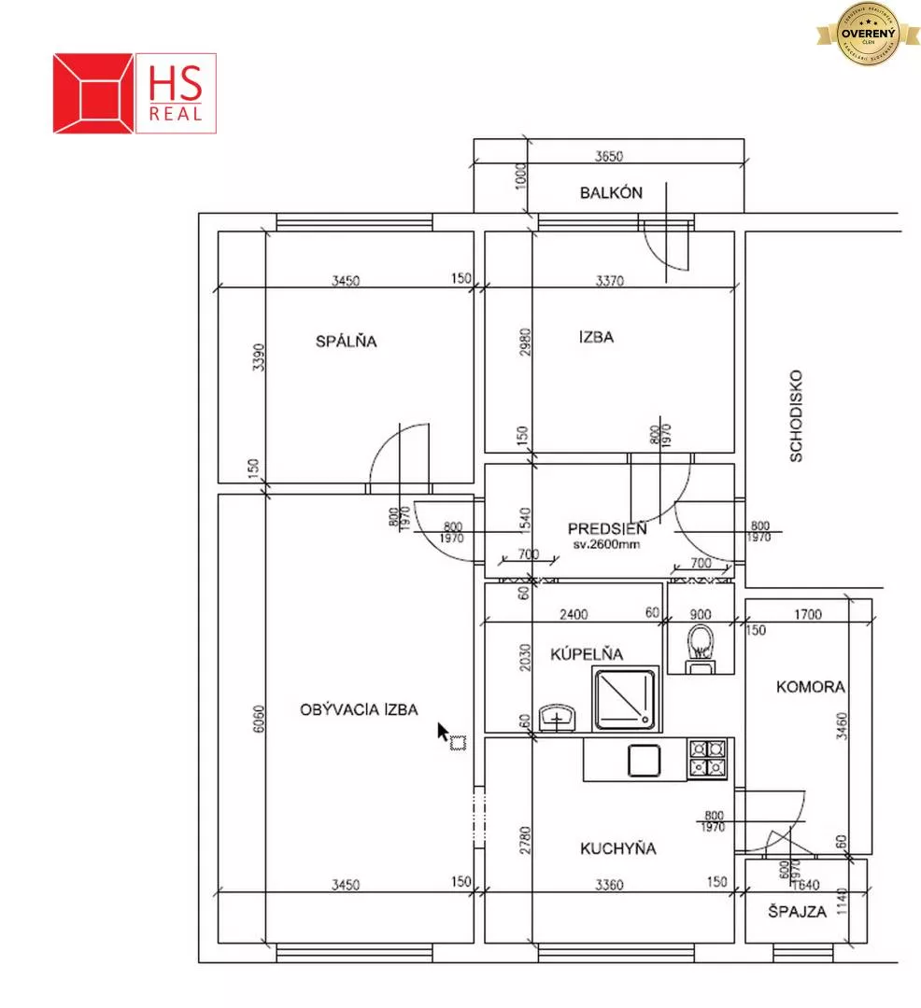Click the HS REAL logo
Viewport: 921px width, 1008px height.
coord(135,92)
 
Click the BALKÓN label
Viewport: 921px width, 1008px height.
coord(611,193)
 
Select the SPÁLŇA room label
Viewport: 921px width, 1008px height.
coord(346,342)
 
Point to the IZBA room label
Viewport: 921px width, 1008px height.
coord(596,337)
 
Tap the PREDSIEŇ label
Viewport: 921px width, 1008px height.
coord(607,529)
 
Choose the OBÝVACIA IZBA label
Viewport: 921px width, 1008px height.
coord(359,709)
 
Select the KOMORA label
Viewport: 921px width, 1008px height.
coord(810,687)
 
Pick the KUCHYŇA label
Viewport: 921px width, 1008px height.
coord(617,848)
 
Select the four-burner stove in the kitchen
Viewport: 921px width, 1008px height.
coord(707,759)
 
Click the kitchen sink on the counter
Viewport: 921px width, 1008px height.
coord(645,761)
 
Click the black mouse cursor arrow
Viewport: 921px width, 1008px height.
coord(444,732)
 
